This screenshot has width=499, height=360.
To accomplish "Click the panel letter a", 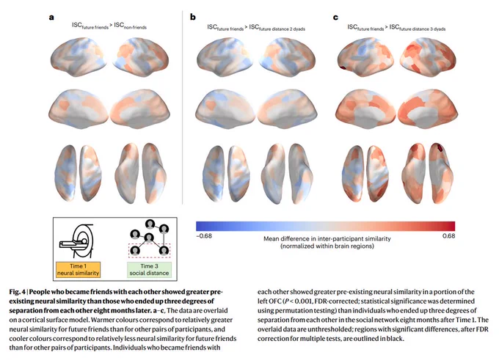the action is tap(51, 17).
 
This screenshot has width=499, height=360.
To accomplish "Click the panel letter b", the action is tap(193, 17).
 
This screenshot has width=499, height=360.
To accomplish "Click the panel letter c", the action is tap(335, 17).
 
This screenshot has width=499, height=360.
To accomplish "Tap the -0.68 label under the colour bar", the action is tap(204, 235).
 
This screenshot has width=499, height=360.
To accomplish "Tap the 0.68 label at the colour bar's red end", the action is tap(448, 235).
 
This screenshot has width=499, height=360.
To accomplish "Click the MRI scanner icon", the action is tap(77, 240).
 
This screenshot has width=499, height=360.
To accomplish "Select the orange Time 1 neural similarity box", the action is tap(79, 269).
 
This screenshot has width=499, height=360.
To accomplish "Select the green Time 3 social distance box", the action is tap(149, 269).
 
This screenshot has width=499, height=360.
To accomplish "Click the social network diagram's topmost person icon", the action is tap(150, 224).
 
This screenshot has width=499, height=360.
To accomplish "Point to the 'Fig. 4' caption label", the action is tap(17, 292).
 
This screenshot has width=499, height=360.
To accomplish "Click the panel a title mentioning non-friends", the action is tap(109, 26).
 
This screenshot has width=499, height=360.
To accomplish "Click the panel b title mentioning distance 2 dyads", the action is tap(256, 28).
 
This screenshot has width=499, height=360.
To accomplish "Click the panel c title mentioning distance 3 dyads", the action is tap(396, 28).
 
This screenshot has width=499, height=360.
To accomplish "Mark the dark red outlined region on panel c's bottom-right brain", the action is tap(440, 148).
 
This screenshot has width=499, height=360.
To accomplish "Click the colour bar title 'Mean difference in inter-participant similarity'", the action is tap(327, 238).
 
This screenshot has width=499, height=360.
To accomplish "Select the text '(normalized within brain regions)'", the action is tap(327, 246).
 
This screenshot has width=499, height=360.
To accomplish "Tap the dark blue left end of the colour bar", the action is tap(199, 226).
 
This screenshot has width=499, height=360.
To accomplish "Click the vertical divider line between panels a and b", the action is tap(182, 107).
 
